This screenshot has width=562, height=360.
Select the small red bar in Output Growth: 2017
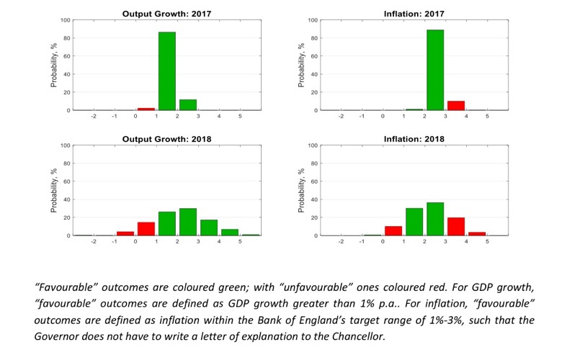click(146, 109)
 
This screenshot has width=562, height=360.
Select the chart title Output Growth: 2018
click(167, 139)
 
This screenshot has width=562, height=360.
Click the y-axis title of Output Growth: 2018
click(53, 191)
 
